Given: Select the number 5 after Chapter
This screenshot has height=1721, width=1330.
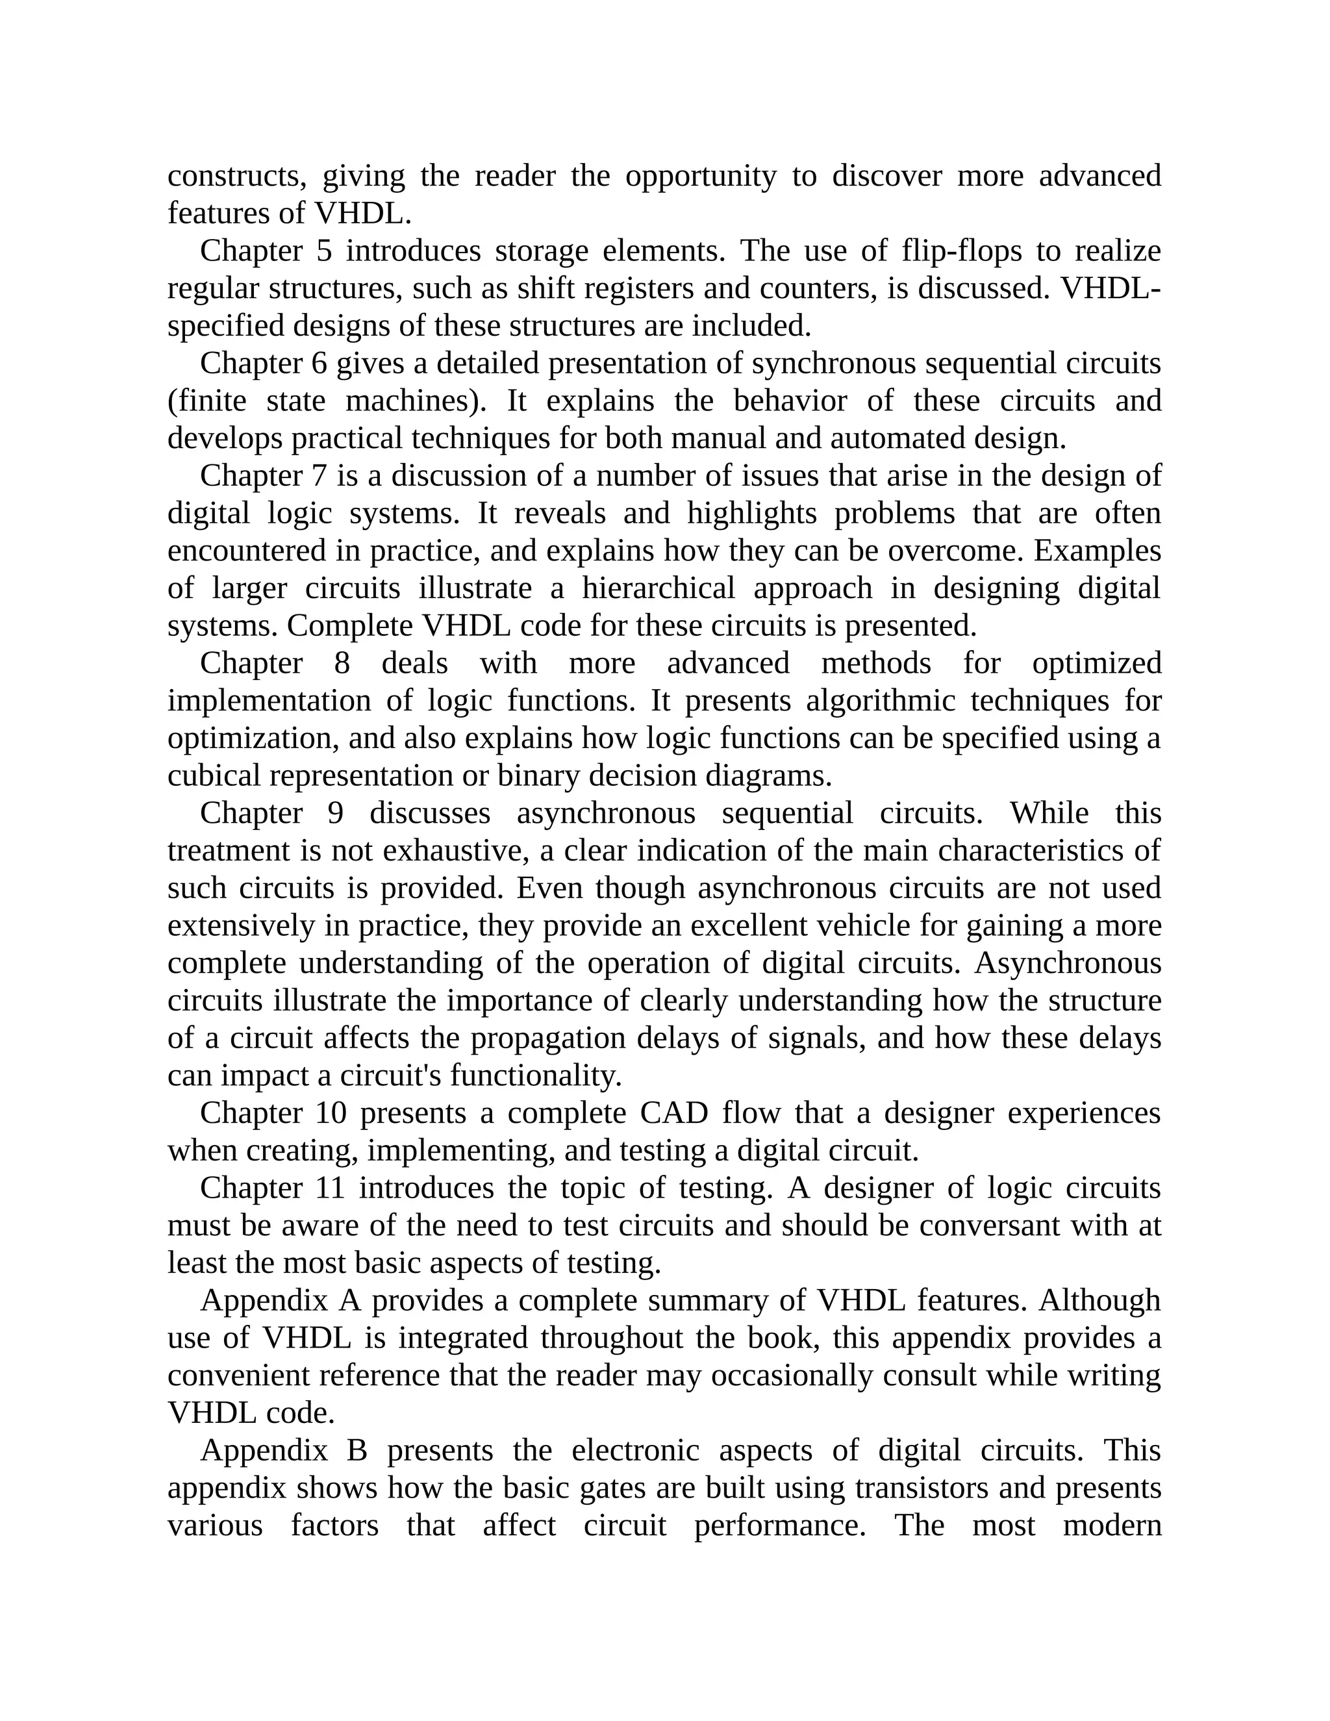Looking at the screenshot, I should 324,251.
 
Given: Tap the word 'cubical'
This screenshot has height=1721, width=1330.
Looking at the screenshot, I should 214,776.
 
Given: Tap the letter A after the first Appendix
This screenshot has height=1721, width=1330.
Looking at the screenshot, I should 349,1301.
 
